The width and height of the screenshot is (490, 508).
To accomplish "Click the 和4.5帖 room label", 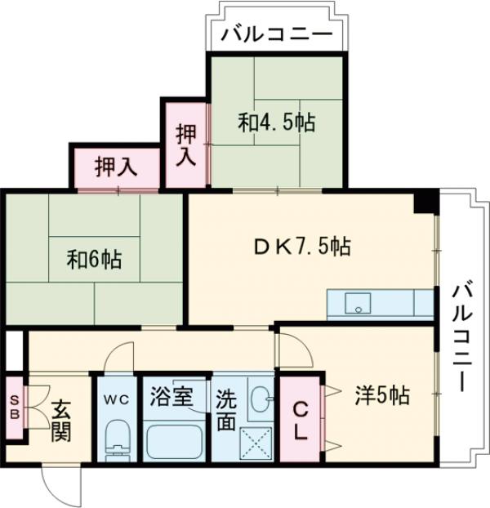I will pos(277,123).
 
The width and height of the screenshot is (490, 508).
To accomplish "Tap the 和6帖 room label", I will pos(95,260).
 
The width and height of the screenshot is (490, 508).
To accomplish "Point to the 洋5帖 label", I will pos(381,396).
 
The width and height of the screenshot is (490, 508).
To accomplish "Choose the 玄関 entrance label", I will pos(60,421).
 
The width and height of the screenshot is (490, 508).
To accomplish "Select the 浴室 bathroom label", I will pos(171,398).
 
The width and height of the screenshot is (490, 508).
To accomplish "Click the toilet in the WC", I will pos(118,441).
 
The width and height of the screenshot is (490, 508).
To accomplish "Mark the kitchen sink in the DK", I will pos(358,304).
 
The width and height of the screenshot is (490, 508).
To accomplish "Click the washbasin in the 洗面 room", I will pos(260,399).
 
